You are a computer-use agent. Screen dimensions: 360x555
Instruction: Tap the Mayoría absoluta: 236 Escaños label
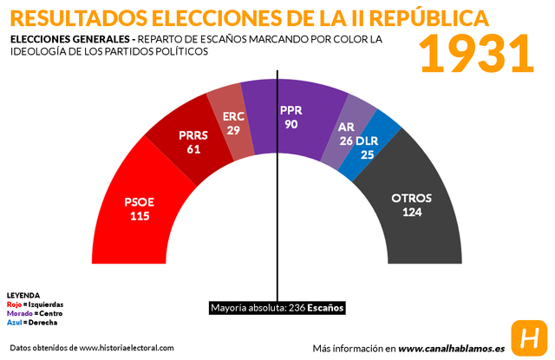(x=277, y=307)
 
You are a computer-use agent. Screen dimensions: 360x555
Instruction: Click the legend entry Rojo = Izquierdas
(x=35, y=304)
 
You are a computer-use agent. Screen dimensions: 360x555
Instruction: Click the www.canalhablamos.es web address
(x=451, y=348)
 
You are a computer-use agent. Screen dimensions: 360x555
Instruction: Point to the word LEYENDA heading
(x=23, y=295)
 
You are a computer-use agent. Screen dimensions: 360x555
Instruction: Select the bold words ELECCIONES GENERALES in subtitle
(x=68, y=40)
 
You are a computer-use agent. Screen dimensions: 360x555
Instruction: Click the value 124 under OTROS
(x=411, y=212)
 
